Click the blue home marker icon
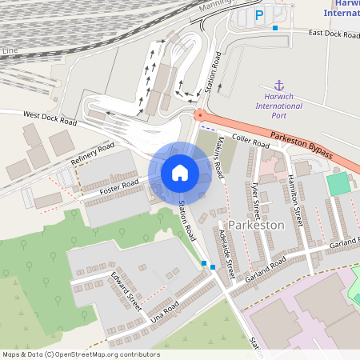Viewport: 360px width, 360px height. pos(180,172)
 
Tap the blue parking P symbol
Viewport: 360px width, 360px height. pos(258,15)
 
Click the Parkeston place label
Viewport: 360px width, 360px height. pos(256,225)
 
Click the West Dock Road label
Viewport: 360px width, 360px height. pos(50,119)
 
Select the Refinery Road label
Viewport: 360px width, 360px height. pos(93,154)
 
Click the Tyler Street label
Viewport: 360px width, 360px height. pos(255,198)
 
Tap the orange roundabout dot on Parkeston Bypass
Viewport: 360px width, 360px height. pos(198,116)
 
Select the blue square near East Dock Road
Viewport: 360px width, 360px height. pos(275,28)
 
